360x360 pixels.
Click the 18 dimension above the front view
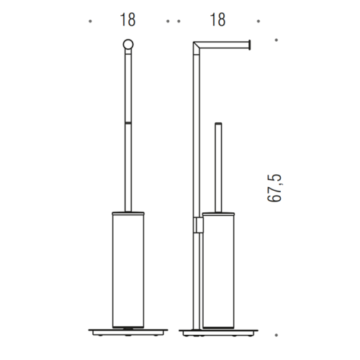pyautogui.click(x=127, y=19)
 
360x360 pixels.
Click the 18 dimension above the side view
pyautogui.click(x=217, y=19)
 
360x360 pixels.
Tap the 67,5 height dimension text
pyautogui.click(x=274, y=188)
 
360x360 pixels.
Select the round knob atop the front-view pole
pyautogui.click(x=128, y=45)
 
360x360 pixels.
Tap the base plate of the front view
pyautogui.click(x=128, y=332)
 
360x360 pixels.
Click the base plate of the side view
pyautogui.click(x=218, y=333)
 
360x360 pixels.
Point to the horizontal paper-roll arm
pyautogui.click(x=225, y=45)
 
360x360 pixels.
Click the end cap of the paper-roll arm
pyautogui.click(x=250, y=45)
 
